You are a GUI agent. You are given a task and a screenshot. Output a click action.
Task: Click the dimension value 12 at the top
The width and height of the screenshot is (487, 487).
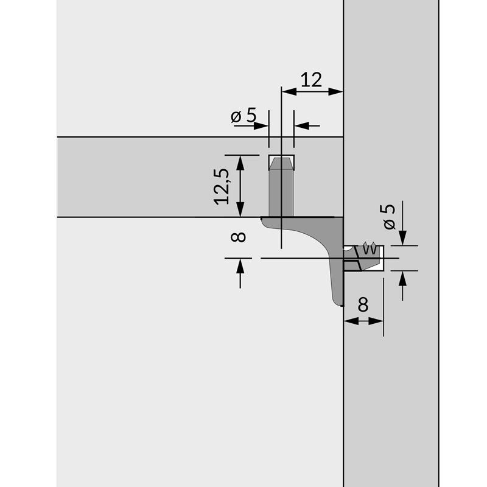coord(312,80)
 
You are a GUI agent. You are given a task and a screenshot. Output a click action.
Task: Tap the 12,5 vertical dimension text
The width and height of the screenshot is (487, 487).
coord(222,186)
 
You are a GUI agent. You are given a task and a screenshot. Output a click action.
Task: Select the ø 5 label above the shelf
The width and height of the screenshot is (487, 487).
coord(244,116)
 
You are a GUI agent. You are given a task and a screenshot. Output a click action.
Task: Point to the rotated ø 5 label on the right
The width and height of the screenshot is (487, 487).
coord(390,217)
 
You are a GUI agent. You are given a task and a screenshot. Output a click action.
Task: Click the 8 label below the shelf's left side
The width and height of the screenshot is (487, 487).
coord(239,237)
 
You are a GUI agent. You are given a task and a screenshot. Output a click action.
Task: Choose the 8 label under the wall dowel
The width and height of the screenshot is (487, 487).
coord(363,304)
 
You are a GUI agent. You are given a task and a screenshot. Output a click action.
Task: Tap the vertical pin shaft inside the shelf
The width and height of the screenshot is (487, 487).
coord(281,192)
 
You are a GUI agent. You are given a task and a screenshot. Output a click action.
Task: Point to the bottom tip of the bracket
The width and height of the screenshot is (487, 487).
coord(342,306)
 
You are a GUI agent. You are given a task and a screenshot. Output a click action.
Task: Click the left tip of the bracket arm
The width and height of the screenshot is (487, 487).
coord(262,219)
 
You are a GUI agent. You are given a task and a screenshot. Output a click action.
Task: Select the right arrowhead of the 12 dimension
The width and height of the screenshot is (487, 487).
coord(335,92)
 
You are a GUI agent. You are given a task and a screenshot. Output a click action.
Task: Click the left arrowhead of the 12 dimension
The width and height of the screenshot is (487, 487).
coord(289,92)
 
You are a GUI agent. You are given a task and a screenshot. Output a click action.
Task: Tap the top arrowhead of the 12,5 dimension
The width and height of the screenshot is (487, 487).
coord(240,163)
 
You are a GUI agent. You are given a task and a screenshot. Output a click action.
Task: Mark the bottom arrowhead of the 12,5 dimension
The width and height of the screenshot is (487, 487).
coord(240,209)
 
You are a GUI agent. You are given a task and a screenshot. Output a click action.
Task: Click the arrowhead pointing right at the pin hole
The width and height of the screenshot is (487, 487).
coord(261,126)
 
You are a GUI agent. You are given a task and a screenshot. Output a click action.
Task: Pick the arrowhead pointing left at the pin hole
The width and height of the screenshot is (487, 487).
coord(301,126)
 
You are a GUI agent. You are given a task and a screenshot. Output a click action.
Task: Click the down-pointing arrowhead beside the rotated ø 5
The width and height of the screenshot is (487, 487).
coord(403,237)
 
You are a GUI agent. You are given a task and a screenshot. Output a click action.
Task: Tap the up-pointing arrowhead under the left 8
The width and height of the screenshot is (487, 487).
coord(240,267)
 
